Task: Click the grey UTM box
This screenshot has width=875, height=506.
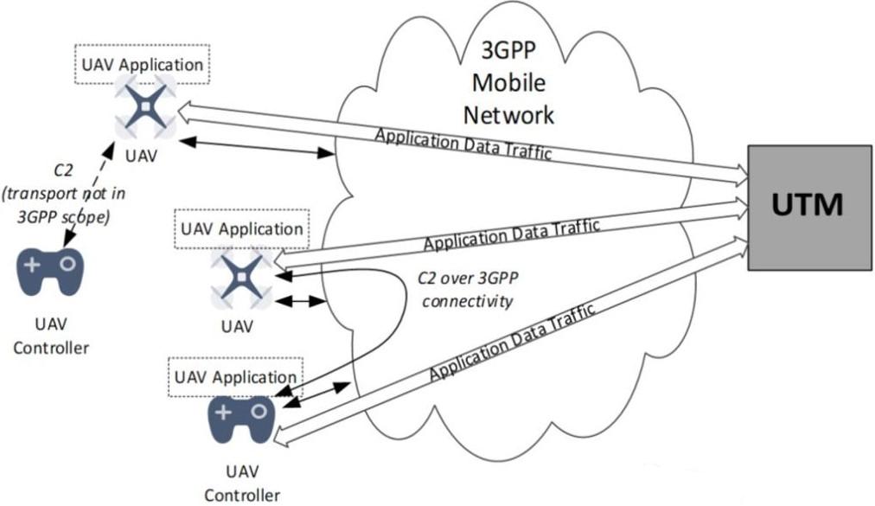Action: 808,208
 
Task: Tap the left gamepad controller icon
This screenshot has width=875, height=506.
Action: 51,272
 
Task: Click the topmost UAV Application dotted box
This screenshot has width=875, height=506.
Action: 143,65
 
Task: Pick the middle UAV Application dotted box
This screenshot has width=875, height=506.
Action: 240,230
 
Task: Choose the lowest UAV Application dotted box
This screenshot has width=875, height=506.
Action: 235,378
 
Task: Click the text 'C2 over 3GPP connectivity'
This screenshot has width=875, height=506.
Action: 466,290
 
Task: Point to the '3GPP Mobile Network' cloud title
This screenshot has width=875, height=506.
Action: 510,84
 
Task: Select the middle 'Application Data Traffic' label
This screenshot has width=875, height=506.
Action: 511,234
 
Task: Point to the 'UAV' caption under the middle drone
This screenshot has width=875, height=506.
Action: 236,327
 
